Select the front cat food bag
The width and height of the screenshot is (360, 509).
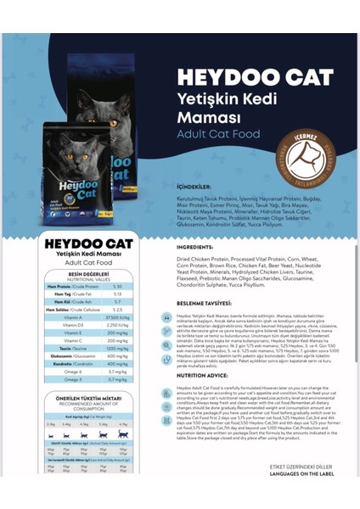click(x=78, y=174)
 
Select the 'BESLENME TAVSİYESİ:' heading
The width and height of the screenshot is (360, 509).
click(x=205, y=303)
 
